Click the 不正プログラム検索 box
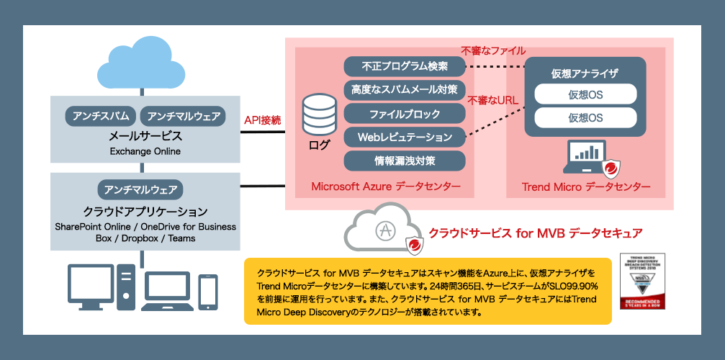click(405, 66)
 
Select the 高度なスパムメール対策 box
click(405, 90)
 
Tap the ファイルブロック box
click(405, 114)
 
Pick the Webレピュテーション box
click(405, 137)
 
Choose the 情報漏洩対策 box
click(405, 160)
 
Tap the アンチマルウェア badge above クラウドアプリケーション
click(140, 189)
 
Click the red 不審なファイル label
click(493, 51)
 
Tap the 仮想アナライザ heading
click(585, 73)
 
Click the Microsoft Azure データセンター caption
click(386, 187)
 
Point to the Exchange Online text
click(145, 152)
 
